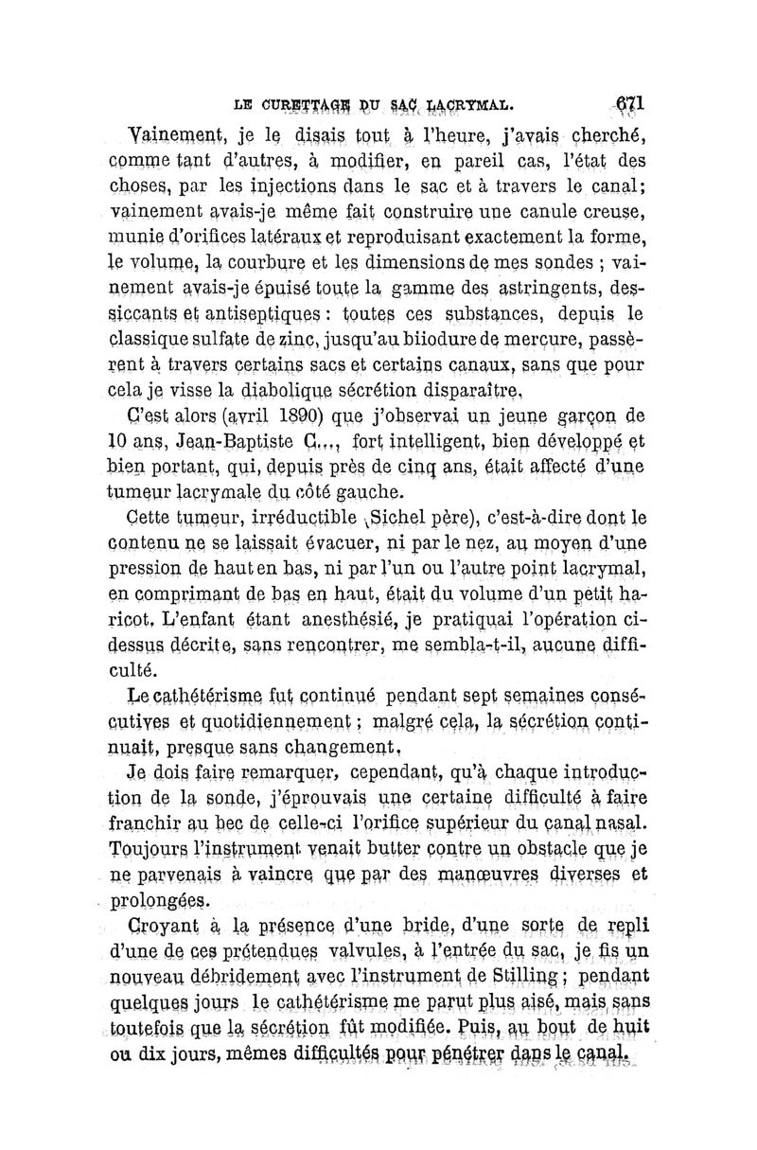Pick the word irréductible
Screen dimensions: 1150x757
tap(304, 519)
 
